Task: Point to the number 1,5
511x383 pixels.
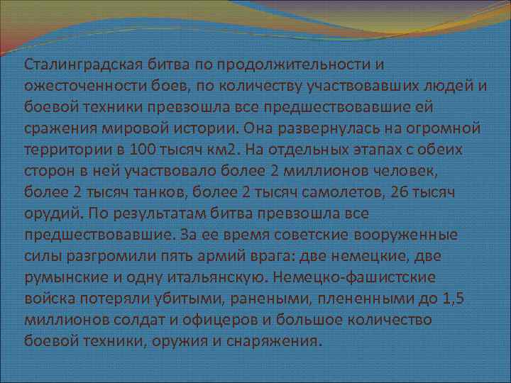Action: coord(451,298)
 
